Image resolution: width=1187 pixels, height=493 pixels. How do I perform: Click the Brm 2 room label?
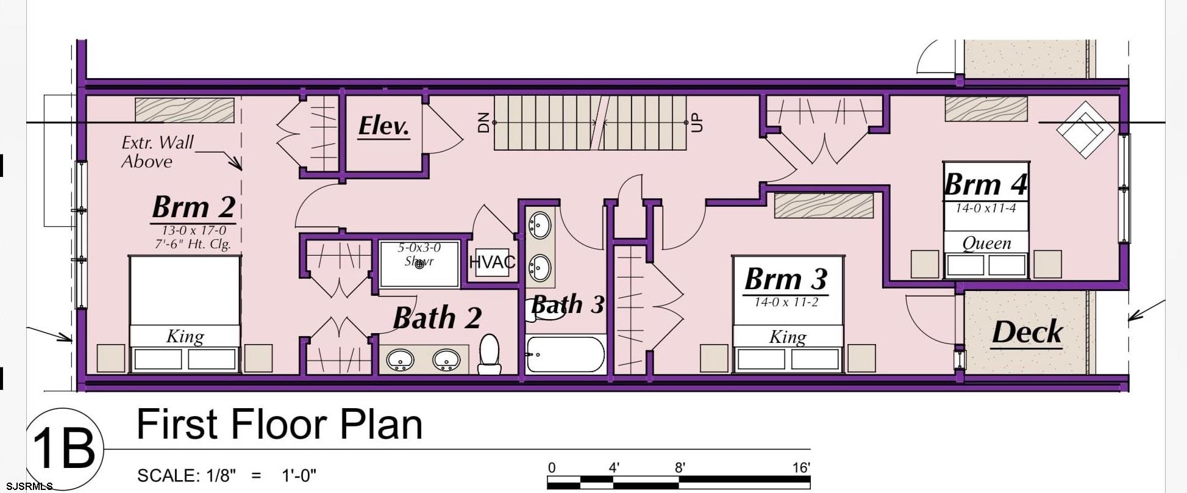pos(193,207)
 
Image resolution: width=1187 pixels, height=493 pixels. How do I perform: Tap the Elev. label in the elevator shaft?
pos(383,126)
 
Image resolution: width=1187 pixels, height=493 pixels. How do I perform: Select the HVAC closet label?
pos(492,262)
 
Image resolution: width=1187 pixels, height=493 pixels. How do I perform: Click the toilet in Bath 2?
pos(490,354)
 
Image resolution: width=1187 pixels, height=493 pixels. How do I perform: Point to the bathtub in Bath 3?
pos(565,354)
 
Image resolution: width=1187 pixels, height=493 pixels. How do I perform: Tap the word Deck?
pos(1027,333)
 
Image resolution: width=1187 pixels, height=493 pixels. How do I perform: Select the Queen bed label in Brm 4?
pos(986,243)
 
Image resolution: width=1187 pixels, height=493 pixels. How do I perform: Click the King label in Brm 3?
pos(788,337)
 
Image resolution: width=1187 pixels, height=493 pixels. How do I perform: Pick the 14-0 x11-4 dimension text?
pos(985,209)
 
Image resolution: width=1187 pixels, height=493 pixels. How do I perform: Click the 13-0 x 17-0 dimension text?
pos(193,231)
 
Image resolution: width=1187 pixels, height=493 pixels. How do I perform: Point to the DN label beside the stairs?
pos(484,123)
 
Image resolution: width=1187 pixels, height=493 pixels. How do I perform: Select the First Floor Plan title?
pos(279,425)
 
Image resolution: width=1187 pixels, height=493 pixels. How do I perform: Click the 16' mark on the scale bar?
pos(801,468)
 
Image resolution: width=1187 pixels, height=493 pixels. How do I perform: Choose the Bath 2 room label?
pos(437,318)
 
